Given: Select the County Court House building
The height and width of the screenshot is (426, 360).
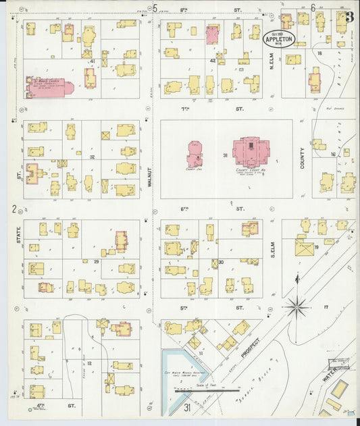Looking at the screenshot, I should (x=251, y=152).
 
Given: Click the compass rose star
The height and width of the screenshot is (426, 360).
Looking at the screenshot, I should (x=296, y=307).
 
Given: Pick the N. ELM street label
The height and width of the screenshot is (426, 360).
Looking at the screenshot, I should (x=274, y=67).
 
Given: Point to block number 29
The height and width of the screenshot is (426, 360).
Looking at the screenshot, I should (x=96, y=261).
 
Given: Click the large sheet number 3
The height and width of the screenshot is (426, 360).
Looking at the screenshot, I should (x=349, y=16).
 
